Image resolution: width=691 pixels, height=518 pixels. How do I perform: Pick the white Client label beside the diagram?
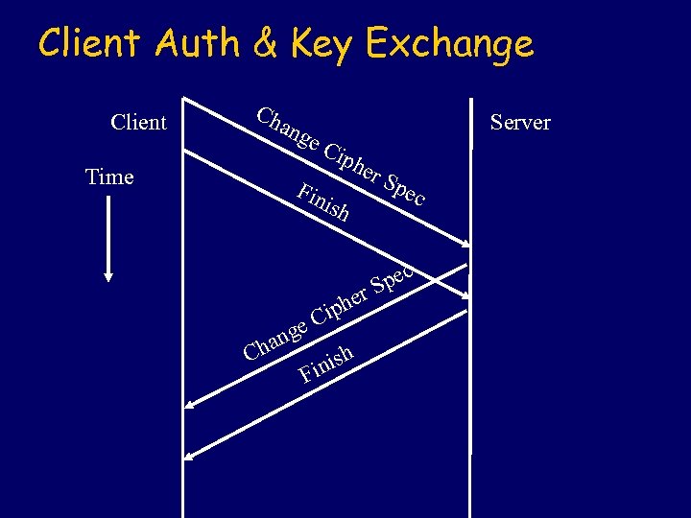click(x=138, y=123)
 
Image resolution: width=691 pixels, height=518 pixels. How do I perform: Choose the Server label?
click(x=519, y=123)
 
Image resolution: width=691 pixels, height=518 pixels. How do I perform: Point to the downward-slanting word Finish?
click(x=322, y=202)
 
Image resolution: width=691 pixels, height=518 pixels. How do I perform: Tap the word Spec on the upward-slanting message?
click(x=393, y=277)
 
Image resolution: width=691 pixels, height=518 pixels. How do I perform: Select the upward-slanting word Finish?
click(x=326, y=363)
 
